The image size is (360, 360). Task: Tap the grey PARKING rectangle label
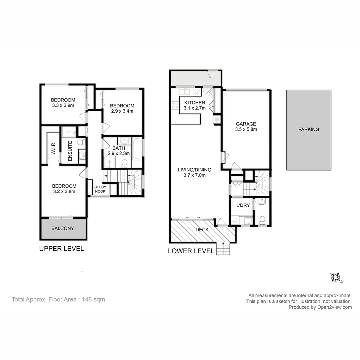tap(308, 129)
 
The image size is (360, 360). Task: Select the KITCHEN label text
tap(194, 102)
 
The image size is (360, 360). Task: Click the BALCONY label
tap(62, 228)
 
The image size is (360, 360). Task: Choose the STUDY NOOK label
tap(100, 189)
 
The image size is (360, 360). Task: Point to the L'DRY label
tap(243, 205)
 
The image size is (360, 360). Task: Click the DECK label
tap(202, 230)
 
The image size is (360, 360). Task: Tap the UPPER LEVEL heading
tap(61, 249)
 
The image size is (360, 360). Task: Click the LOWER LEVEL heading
tap(191, 251)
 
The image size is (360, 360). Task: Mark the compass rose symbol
tap(336, 277)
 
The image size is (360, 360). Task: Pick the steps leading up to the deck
tap(223, 249)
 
